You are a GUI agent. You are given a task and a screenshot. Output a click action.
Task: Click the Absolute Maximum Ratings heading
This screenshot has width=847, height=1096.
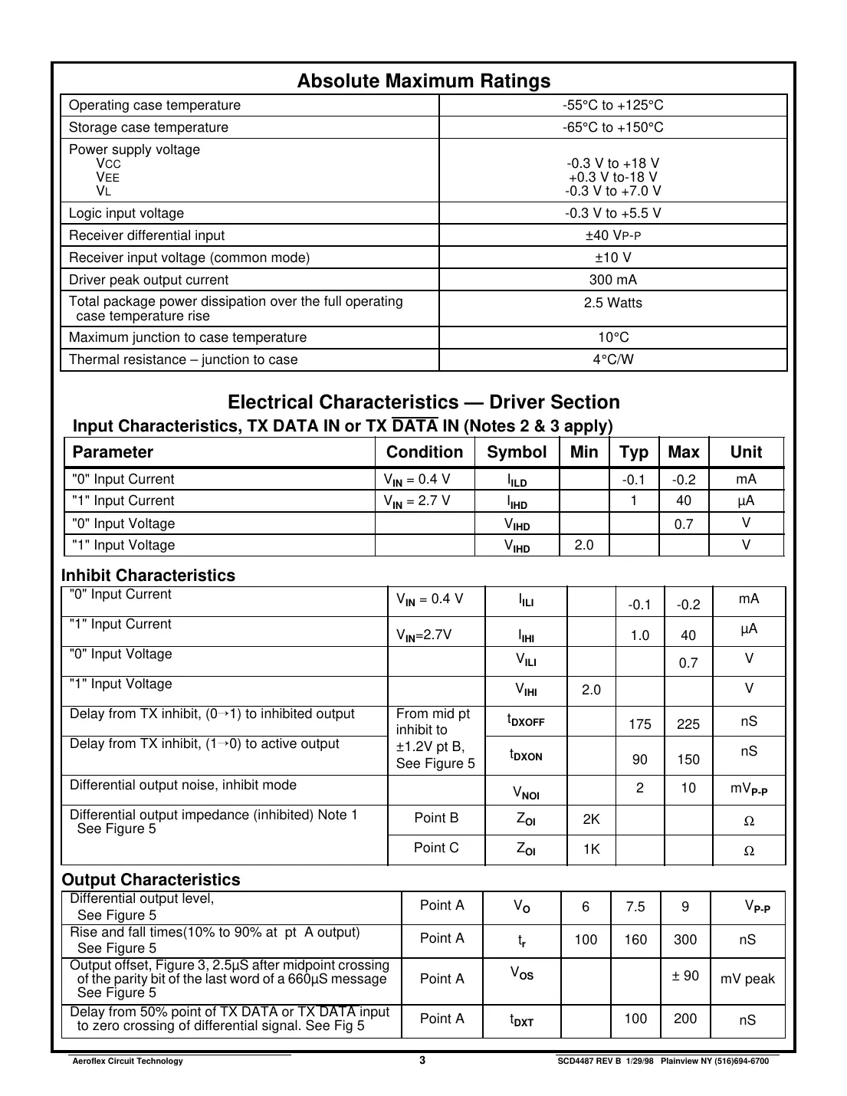click(x=423, y=81)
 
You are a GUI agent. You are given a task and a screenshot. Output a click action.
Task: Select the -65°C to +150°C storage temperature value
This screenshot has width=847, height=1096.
click(x=612, y=127)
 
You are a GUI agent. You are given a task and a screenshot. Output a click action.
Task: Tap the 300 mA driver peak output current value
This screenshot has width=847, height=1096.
click(x=612, y=280)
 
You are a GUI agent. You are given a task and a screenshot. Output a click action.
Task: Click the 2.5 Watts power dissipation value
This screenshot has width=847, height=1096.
click(x=612, y=303)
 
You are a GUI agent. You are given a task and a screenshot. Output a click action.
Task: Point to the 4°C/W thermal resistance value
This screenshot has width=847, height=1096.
click(x=612, y=359)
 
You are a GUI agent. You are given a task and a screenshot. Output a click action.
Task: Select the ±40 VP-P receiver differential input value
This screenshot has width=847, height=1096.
click(x=612, y=235)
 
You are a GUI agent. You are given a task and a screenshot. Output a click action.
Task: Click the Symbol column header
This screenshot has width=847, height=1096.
click(x=517, y=452)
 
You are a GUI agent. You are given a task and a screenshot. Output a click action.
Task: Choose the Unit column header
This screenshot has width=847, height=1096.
click(x=746, y=452)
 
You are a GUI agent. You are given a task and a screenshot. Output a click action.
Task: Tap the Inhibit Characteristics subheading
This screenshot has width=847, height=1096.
click(x=148, y=576)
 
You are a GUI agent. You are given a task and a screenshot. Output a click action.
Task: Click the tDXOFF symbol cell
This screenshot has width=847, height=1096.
click(x=526, y=721)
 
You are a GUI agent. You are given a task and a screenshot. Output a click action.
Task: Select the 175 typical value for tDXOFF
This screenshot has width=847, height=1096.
click(x=639, y=724)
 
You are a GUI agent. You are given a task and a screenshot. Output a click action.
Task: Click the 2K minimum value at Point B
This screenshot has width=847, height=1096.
click(x=591, y=819)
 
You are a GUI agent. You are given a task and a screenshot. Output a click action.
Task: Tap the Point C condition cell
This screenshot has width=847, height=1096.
click(x=436, y=848)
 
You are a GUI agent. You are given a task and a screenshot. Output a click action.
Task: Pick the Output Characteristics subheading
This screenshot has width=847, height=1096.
click(x=150, y=880)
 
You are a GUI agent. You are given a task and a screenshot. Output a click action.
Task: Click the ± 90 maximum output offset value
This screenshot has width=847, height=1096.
click(x=684, y=976)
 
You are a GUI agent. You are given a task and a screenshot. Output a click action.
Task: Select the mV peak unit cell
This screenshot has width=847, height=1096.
click(x=747, y=979)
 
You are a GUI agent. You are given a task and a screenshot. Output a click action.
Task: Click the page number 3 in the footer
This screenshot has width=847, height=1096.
click(x=422, y=1061)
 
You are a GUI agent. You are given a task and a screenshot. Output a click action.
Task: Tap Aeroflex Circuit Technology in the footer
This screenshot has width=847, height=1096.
click(x=126, y=1062)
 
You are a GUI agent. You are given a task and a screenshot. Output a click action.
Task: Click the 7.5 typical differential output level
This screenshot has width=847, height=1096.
click(x=635, y=907)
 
